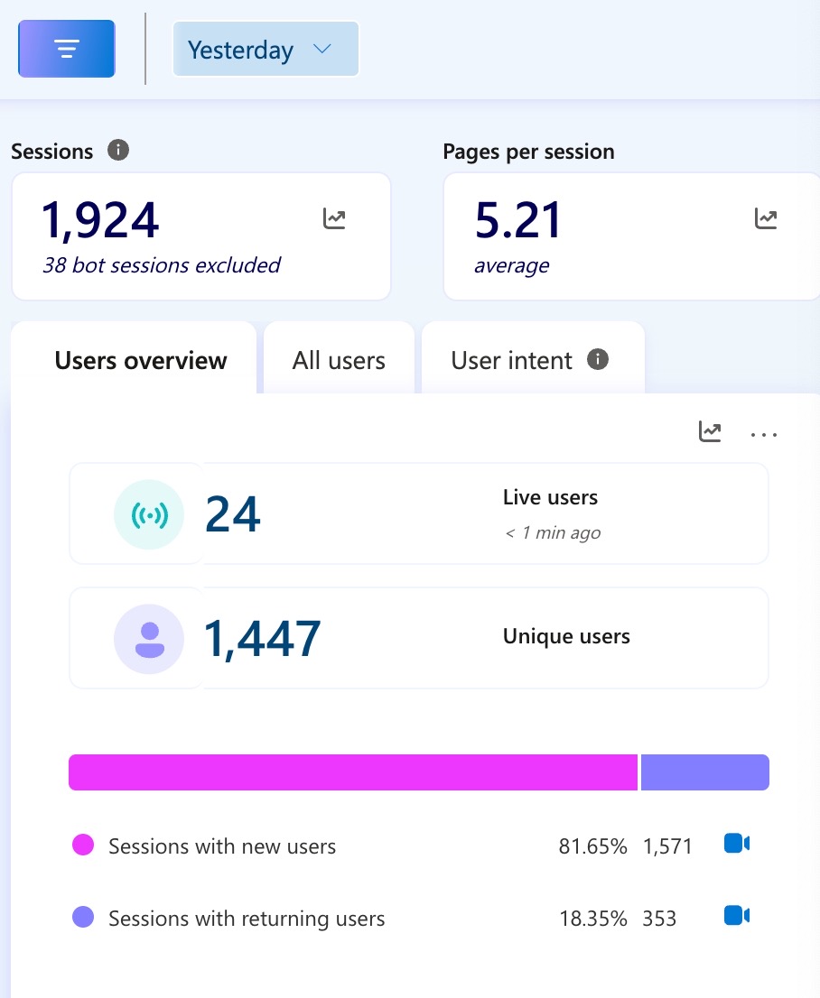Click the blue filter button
[67, 49]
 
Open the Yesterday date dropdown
[266, 50]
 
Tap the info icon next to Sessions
[118, 150]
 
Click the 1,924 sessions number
[100, 221]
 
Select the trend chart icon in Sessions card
[334, 218]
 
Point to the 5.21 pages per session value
[518, 221]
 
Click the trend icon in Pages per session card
[766, 218]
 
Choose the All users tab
[339, 361]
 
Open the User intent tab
[512, 361]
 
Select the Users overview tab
[141, 361]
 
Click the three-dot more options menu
[764, 434]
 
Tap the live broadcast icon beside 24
[149, 514]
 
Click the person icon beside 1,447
[149, 639]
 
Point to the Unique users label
[566, 636]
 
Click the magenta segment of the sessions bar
[353, 772]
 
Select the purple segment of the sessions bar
[704, 772]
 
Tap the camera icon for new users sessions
[737, 844]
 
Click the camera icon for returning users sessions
[737, 916]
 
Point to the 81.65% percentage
[592, 846]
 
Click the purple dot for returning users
[83, 919]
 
